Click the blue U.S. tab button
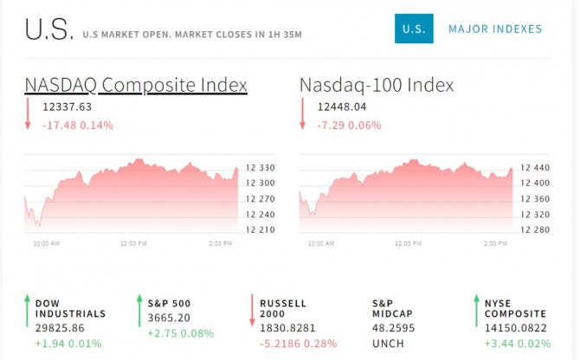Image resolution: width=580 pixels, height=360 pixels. click(414, 29)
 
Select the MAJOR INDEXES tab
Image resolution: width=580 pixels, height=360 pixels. click(495, 29)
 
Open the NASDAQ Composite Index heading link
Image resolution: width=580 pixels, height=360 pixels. click(136, 85)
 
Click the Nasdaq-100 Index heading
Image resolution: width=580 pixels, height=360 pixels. click(377, 85)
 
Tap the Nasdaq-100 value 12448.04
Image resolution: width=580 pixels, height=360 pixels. click(343, 107)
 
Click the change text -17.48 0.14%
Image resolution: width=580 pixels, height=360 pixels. click(78, 125)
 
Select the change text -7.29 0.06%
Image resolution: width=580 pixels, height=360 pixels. click(349, 125)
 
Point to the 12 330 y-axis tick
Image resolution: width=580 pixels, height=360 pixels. click(261, 167)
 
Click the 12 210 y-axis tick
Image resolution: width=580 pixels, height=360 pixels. click(261, 229)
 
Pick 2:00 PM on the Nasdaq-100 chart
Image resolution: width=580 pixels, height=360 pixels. click(495, 244)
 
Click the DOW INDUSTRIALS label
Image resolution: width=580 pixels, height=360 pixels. click(70, 308)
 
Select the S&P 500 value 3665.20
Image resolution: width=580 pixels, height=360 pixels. click(170, 318)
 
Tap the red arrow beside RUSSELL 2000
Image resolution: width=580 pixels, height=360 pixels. click(253, 312)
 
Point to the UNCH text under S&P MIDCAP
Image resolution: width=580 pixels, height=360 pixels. click(387, 344)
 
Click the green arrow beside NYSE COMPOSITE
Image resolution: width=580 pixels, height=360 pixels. click(476, 312)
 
